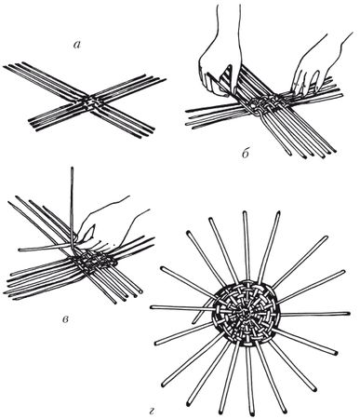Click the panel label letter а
(77, 46)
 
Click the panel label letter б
(246, 154)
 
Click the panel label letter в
(65, 319)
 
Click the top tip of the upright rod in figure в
(73, 168)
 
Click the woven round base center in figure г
(246, 313)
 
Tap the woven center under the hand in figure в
(94, 260)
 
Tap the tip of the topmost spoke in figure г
(245, 213)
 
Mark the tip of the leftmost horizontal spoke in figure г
(153, 307)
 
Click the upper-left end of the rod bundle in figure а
(5, 67)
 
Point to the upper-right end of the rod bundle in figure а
(165, 79)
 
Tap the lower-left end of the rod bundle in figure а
(30, 120)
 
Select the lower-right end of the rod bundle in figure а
(153, 128)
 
